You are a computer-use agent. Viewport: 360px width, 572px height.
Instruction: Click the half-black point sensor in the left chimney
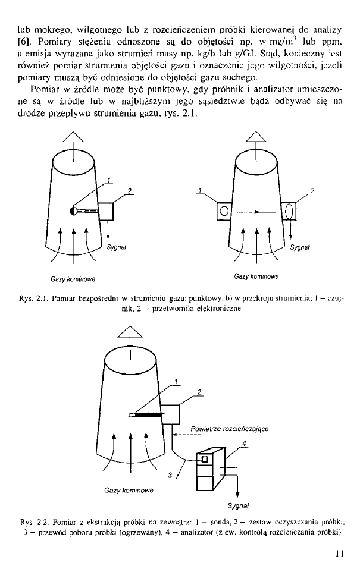[x=74, y=210]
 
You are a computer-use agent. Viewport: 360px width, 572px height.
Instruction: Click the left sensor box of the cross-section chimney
[x=224, y=211]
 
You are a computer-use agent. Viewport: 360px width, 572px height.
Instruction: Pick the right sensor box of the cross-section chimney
[x=290, y=211]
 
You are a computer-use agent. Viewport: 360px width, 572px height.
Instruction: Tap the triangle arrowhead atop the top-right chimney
[x=256, y=140]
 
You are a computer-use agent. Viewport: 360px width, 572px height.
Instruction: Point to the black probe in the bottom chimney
[x=146, y=414]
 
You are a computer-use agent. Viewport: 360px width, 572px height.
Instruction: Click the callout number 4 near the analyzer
[x=245, y=442]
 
